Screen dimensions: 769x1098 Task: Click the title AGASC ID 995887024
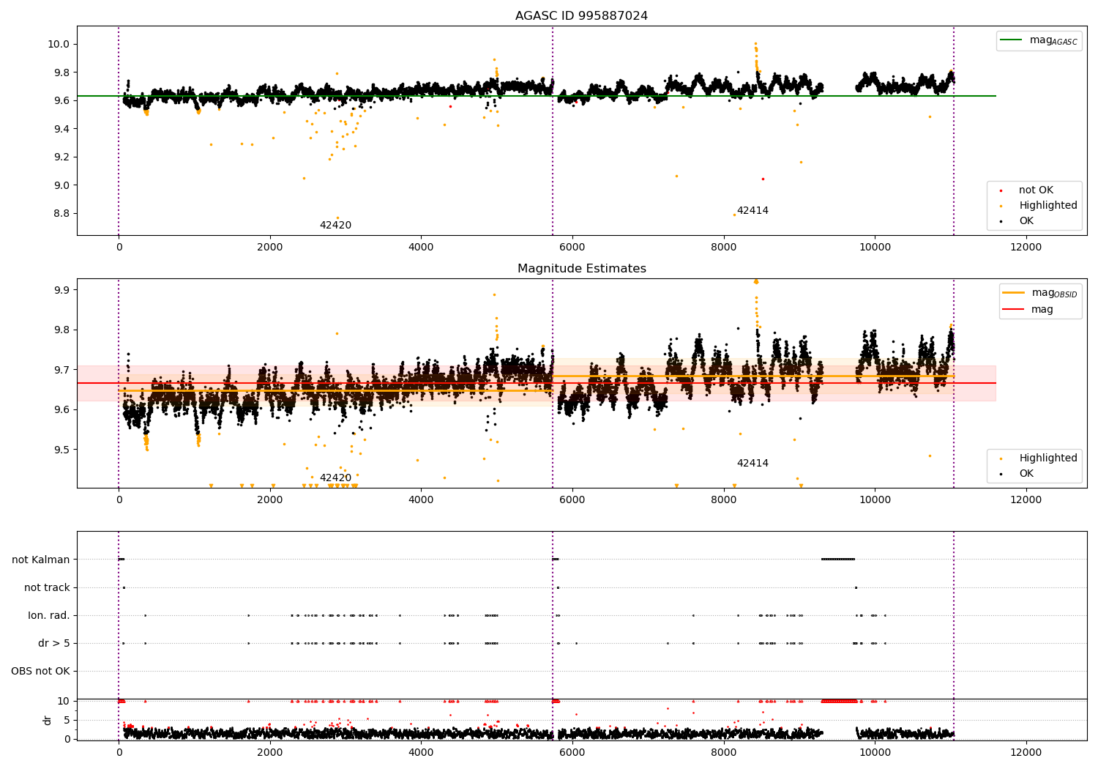(581, 16)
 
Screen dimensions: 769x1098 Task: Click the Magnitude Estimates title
(581, 269)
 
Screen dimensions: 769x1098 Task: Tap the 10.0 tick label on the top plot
(59, 44)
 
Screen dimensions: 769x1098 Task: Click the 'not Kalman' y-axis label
(41, 560)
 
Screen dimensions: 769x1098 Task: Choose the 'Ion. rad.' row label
(49, 615)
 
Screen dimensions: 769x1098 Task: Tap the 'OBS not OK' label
(41, 671)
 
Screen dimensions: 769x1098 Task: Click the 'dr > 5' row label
(54, 643)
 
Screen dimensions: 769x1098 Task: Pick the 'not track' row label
(47, 587)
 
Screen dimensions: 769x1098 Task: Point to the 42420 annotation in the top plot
(335, 225)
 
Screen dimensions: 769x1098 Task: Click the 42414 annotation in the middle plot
(752, 463)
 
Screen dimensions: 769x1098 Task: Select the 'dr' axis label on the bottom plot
(48, 720)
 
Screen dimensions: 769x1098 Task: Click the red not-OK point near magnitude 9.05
(762, 179)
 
